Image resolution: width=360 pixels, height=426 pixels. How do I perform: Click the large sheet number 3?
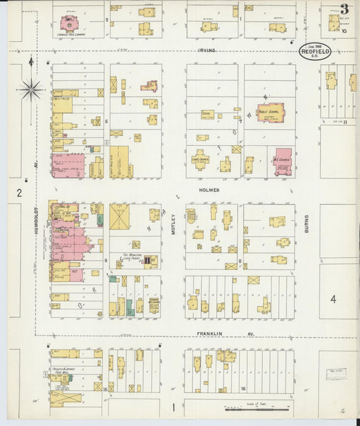click(x=344, y=9)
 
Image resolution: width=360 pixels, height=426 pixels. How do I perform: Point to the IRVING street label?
click(x=206, y=50)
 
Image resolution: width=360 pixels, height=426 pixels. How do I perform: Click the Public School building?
click(x=270, y=112)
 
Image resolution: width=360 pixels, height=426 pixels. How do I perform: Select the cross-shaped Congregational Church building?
click(x=201, y=159)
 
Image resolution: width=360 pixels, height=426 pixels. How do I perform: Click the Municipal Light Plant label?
click(x=134, y=257)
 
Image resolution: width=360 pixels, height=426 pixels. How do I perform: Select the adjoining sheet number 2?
click(x=20, y=193)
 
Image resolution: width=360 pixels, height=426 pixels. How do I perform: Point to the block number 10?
click(x=344, y=31)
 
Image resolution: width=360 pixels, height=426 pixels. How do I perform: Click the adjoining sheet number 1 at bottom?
click(x=174, y=406)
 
